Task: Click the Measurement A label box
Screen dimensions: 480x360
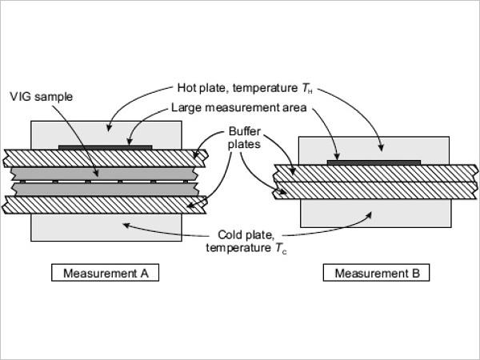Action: (105, 273)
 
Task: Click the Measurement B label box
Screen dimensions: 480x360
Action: (376, 273)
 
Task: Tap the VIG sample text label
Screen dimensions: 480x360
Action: (42, 97)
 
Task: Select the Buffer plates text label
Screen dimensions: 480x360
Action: (244, 138)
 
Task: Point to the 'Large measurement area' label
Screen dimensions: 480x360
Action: (238, 107)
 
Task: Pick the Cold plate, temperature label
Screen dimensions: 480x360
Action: (246, 242)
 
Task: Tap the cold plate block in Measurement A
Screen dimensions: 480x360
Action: (106, 227)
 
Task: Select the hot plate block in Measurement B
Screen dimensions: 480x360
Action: (374, 150)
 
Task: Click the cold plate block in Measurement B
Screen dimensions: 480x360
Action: (376, 214)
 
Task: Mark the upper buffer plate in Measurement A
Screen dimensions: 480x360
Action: (106, 158)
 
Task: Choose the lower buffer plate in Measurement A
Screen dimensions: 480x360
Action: (104, 205)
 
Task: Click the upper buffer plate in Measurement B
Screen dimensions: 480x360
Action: (376, 174)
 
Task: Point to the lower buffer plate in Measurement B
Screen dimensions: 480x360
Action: (375, 190)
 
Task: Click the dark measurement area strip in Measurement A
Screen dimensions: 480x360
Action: (106, 147)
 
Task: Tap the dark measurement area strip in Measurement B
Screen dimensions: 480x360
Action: (374, 162)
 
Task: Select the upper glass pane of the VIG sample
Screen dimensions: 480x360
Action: (104, 174)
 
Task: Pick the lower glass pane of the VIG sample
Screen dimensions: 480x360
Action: (105, 190)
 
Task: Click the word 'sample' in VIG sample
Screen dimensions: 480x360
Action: (54, 97)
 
